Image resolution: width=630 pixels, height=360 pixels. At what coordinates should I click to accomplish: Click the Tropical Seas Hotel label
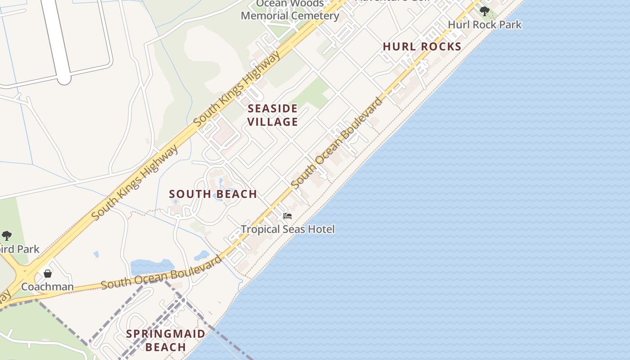click(x=288, y=229)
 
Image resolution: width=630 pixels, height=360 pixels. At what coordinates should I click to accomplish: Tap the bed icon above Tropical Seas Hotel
click(x=288, y=216)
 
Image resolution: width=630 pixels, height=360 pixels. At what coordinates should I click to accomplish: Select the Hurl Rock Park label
click(x=485, y=24)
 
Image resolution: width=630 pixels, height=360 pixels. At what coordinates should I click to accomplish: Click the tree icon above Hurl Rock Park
click(x=484, y=11)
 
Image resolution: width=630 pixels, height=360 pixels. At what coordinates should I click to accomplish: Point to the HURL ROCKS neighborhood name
click(x=422, y=46)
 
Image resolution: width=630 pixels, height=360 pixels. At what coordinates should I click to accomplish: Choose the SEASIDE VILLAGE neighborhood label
click(x=273, y=115)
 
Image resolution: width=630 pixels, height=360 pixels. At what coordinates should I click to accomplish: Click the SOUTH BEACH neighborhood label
click(x=213, y=194)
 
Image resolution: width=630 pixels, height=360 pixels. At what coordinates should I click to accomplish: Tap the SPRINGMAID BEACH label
click(x=166, y=340)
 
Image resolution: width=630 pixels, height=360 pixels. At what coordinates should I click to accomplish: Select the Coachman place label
click(x=47, y=287)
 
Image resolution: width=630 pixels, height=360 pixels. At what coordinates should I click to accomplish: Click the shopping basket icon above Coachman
click(x=47, y=273)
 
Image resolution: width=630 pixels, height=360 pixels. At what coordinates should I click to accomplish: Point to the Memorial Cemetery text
click(x=290, y=16)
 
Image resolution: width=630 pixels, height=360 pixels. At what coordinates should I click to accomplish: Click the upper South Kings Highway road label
click(x=238, y=88)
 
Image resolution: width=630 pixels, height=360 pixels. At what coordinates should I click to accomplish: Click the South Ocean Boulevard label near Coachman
click(x=161, y=272)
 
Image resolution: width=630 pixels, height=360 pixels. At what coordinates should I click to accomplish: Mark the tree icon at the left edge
click(x=6, y=235)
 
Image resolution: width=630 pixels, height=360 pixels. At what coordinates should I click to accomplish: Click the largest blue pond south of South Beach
click(x=152, y=266)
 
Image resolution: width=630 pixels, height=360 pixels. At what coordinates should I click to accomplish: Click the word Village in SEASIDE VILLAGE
click(x=273, y=121)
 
